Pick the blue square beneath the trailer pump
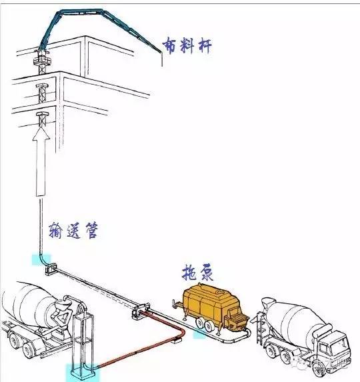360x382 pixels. coord(198,331)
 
